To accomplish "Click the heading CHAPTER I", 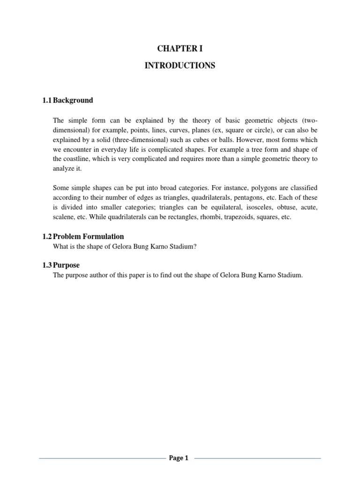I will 180,49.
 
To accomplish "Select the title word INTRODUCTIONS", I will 180,66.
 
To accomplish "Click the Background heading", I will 73,100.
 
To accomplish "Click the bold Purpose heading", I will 67,265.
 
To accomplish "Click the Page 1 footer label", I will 179,458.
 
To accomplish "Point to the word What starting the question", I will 61,247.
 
